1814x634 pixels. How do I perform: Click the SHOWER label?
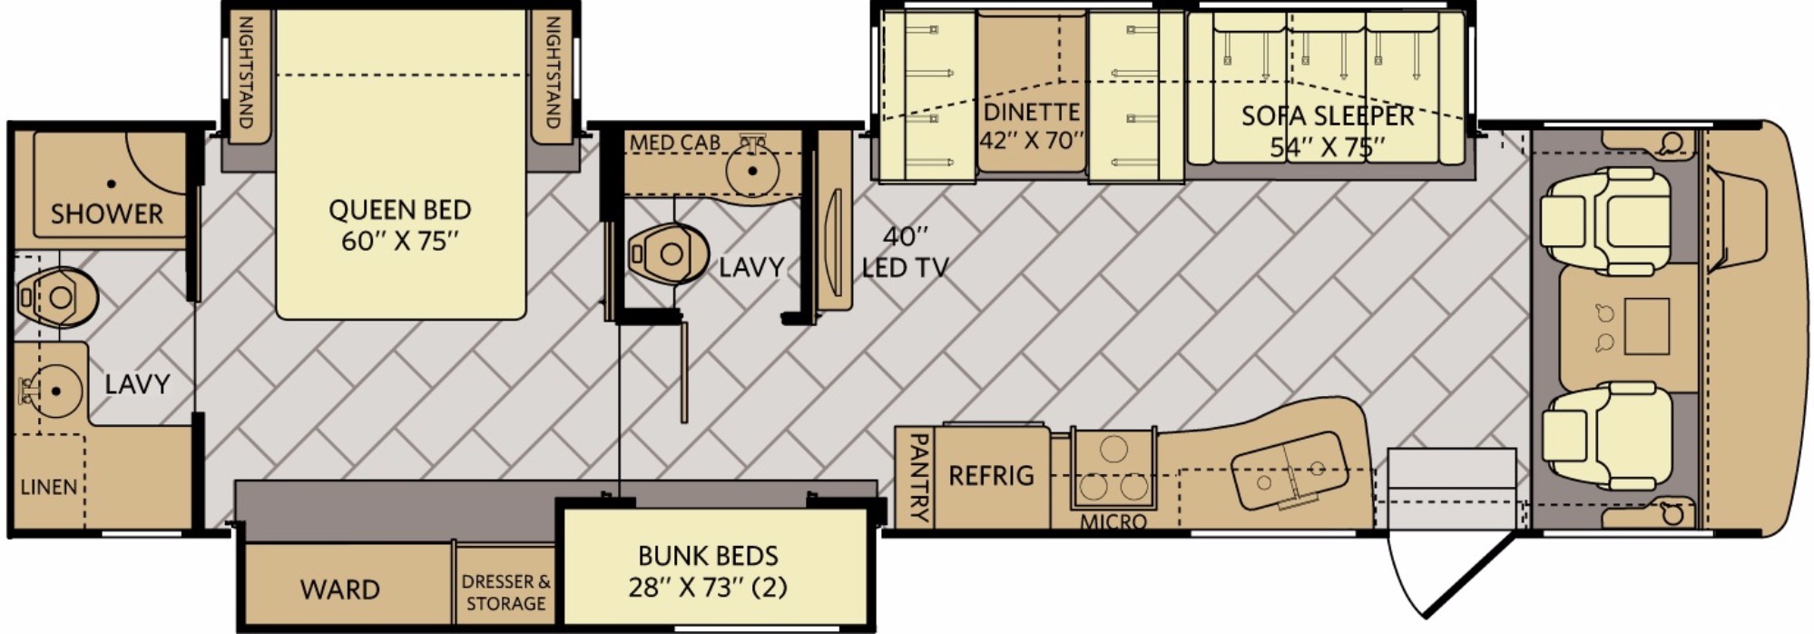[x=107, y=214]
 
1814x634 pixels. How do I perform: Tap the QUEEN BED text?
[x=400, y=210]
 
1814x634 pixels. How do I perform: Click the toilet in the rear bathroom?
[x=57, y=297]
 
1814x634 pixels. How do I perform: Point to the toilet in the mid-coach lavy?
[x=667, y=253]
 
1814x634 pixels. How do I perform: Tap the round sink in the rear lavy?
[x=56, y=391]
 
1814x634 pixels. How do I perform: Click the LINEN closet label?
[x=49, y=487]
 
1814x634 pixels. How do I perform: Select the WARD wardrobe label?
[x=340, y=589]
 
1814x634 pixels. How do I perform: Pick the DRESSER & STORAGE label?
[x=505, y=592]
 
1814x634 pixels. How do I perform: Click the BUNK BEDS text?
[x=708, y=555]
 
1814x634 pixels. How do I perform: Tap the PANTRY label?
[x=918, y=477]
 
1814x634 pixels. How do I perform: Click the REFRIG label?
[x=991, y=475]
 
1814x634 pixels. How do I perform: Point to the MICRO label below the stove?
[x=1113, y=522]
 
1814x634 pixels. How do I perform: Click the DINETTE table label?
[x=1032, y=113]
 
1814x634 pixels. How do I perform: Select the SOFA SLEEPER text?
[x=1328, y=116]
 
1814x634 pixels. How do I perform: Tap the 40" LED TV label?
[x=905, y=252]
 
